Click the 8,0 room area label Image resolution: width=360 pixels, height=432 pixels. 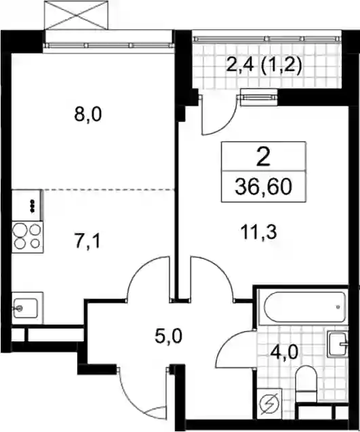tap(88, 115)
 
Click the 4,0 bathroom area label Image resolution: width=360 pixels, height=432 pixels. tap(285, 352)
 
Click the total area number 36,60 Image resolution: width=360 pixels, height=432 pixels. tap(263, 186)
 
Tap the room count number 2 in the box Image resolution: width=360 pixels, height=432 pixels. tap(263, 157)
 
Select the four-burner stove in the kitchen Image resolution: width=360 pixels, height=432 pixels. tap(28, 237)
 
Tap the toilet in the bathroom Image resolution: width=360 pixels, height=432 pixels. tap(305, 383)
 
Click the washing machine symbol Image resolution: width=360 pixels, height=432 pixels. tap(269, 404)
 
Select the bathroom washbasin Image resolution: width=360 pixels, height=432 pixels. tap(338, 344)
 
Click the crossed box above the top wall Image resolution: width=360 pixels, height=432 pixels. tap(76, 15)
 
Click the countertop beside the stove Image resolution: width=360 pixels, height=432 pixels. tap(28, 205)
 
